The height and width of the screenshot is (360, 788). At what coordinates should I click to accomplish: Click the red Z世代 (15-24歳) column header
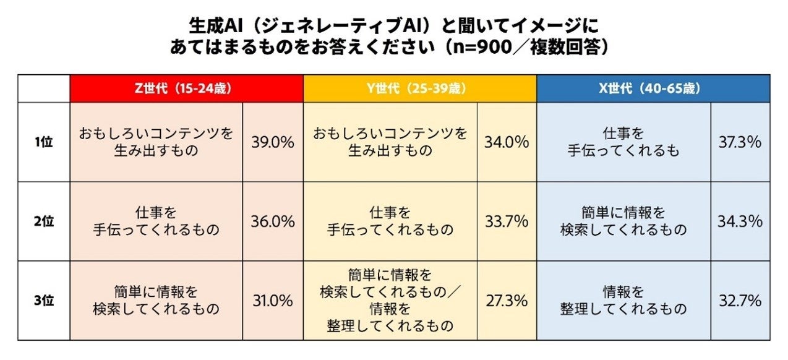point(186,88)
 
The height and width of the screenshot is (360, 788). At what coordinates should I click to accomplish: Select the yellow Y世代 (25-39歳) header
point(419,88)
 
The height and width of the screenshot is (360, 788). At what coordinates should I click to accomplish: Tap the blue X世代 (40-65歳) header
point(653,88)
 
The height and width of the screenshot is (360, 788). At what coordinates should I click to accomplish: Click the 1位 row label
point(44,142)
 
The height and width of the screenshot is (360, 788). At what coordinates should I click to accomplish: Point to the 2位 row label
point(44,221)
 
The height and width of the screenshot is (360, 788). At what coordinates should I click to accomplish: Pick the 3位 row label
point(44,301)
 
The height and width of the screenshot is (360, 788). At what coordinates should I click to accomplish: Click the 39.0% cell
point(272,142)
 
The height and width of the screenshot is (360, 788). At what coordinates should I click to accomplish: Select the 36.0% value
point(272,221)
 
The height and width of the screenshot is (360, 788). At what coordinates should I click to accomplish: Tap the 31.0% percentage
point(272,301)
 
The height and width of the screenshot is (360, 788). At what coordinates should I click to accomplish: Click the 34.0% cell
point(507,142)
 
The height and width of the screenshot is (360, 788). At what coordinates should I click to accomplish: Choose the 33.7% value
point(507,221)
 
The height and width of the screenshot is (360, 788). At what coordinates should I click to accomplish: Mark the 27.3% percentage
point(507,301)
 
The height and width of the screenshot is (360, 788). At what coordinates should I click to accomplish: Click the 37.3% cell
point(740,142)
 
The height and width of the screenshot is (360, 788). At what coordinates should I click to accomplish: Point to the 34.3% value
point(740,221)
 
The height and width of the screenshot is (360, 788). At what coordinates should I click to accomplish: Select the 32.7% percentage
point(740,301)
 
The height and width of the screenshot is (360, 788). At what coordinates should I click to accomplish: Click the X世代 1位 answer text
point(623,142)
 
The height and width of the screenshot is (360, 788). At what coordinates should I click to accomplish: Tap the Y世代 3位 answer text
point(390,300)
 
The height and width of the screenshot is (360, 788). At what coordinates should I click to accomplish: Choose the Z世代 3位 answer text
point(156,300)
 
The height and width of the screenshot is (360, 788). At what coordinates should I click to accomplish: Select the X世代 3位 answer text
point(623,300)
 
